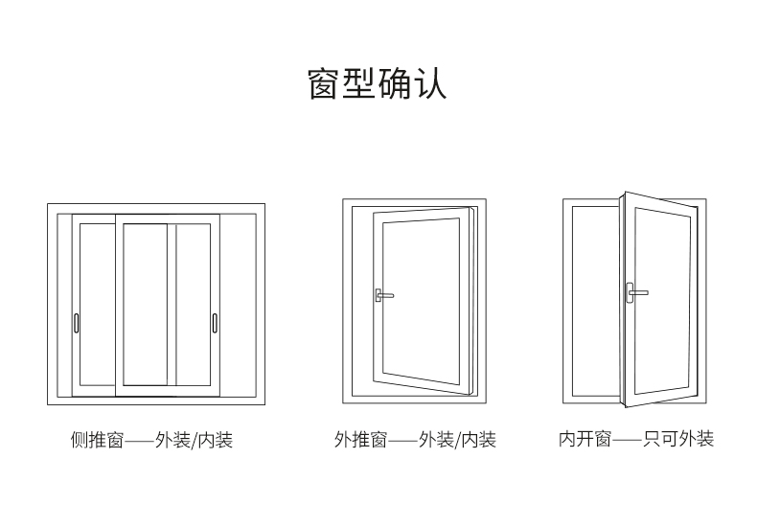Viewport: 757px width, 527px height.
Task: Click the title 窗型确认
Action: pyautogui.click(x=378, y=83)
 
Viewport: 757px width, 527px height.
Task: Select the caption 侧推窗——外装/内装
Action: pyautogui.click(x=151, y=441)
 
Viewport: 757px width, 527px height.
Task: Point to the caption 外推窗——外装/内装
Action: pyautogui.click(x=415, y=441)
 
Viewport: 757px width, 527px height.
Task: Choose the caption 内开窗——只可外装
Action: pyautogui.click(x=636, y=440)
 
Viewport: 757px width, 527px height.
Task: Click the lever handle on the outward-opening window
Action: pyautogui.click(x=381, y=294)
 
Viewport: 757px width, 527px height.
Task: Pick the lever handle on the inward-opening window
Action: pyautogui.click(x=633, y=291)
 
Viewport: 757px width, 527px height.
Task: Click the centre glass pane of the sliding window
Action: pyautogui.click(x=145, y=304)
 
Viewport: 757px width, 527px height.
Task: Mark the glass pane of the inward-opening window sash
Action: pyautogui.click(x=662, y=300)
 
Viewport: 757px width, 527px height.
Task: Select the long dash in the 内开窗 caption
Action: pyautogui.click(x=628, y=441)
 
